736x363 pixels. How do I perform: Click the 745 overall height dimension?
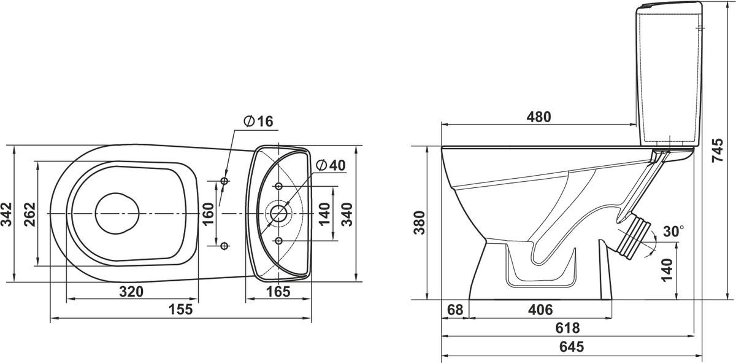click(x=718, y=150)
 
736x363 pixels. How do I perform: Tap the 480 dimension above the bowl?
click(x=539, y=117)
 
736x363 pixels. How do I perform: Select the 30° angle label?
click(x=673, y=232)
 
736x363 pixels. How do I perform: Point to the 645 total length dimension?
click(x=572, y=347)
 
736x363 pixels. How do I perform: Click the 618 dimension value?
click(x=567, y=328)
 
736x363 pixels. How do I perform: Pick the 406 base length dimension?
click(x=540, y=310)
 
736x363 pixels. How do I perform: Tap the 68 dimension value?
click(x=455, y=310)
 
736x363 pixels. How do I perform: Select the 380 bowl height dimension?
click(x=420, y=223)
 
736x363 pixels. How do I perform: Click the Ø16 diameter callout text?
click(x=259, y=122)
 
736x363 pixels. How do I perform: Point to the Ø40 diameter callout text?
click(x=331, y=165)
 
